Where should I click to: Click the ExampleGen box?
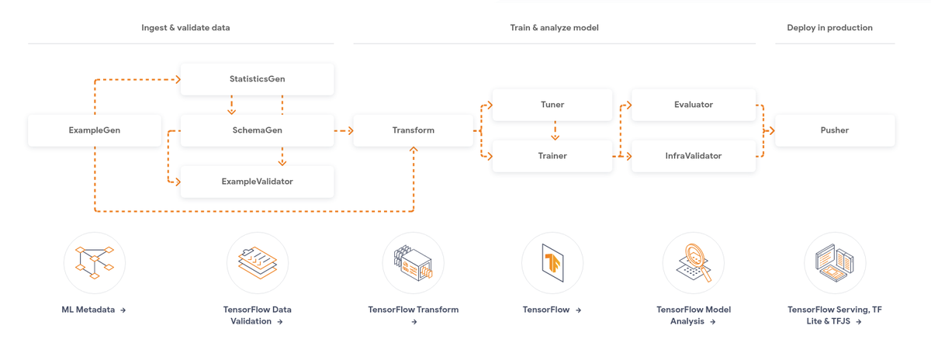point(95,130)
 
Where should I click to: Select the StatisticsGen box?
point(258,79)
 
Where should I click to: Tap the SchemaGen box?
point(258,130)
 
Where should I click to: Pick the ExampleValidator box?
point(258,182)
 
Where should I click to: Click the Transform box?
point(413,130)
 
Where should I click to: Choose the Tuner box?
point(552,105)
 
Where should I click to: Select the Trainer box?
point(552,156)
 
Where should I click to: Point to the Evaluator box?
point(694,105)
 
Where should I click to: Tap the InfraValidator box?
point(694,156)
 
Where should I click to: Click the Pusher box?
point(835,130)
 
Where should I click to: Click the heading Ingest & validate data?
point(185,28)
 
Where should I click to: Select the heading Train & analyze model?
point(555,28)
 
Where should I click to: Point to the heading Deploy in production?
point(829,28)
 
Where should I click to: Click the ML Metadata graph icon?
point(95,263)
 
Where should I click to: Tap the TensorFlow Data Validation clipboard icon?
point(258,263)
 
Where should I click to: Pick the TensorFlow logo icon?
point(552,263)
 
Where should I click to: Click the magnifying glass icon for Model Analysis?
point(694,262)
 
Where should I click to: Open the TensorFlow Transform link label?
point(413,315)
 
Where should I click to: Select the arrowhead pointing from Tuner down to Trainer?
point(555,137)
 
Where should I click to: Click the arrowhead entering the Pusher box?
point(772,131)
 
